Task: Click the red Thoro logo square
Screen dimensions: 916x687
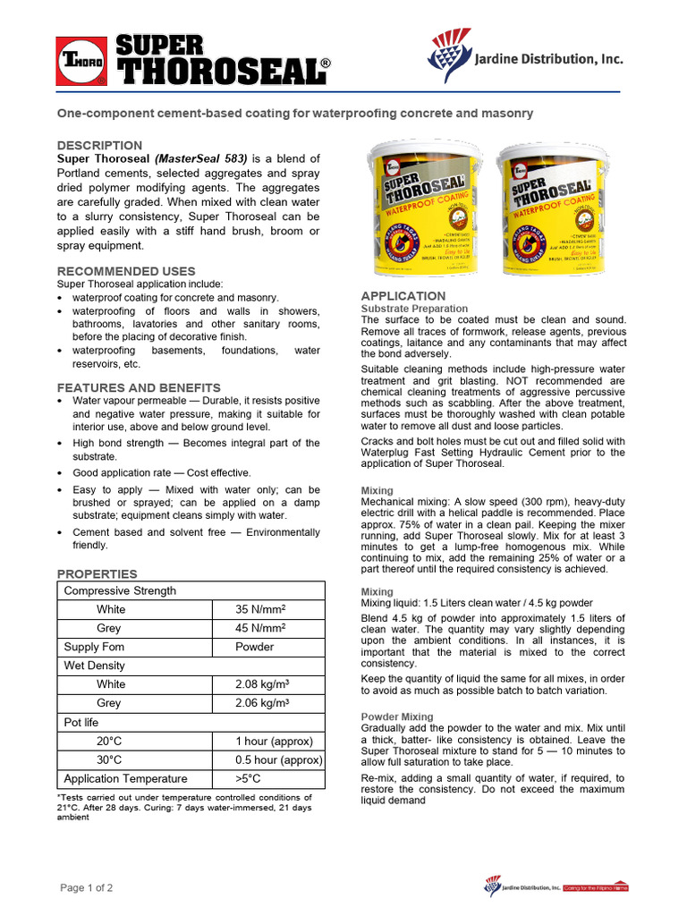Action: pyautogui.click(x=81, y=61)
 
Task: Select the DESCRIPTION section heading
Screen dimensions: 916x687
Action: pyautogui.click(x=99, y=145)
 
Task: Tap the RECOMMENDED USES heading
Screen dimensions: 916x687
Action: pyautogui.click(x=126, y=271)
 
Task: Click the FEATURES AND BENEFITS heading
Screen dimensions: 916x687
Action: pyautogui.click(x=139, y=387)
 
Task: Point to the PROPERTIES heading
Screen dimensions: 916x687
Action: pyautogui.click(x=98, y=573)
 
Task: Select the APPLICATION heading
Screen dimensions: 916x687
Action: pyautogui.click(x=403, y=296)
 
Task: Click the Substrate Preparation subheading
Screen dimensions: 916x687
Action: pyautogui.click(x=414, y=309)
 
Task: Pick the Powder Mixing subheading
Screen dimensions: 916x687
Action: pyautogui.click(x=397, y=717)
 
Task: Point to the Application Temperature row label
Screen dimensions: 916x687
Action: pyautogui.click(x=125, y=778)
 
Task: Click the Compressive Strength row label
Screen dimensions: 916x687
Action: pyautogui.click(x=120, y=590)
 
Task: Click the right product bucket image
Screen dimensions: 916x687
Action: pyautogui.click(x=557, y=208)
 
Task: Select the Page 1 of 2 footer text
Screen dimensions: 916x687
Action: pyautogui.click(x=87, y=887)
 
